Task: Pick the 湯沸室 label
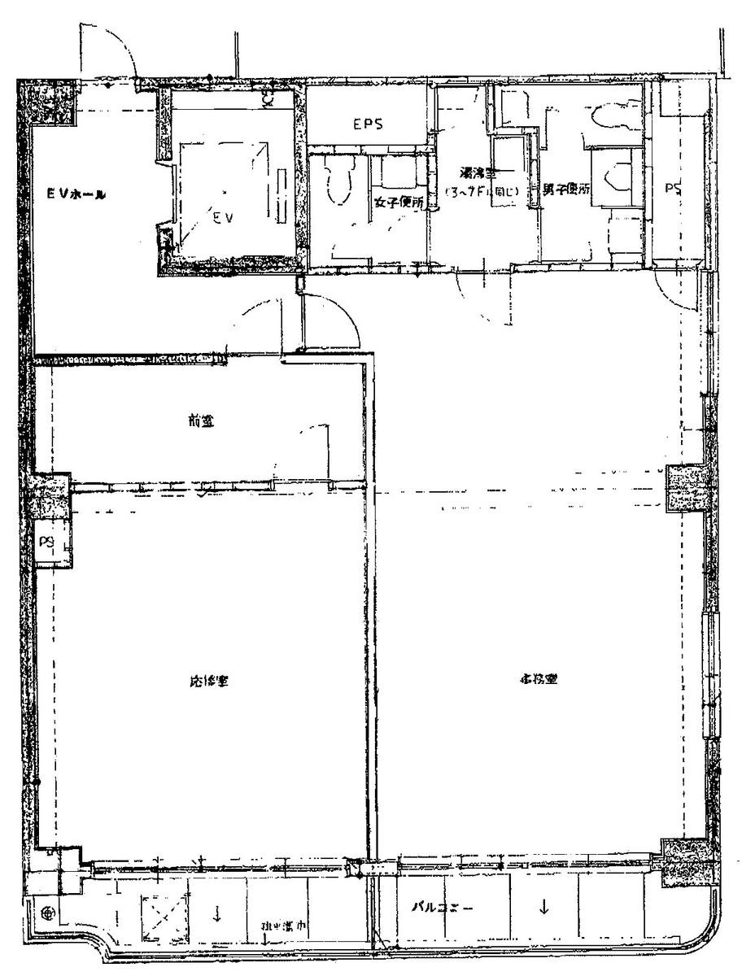point(479,173)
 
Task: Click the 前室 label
point(196,420)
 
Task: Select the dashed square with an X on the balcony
point(165,915)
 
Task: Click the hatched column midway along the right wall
point(688,489)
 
